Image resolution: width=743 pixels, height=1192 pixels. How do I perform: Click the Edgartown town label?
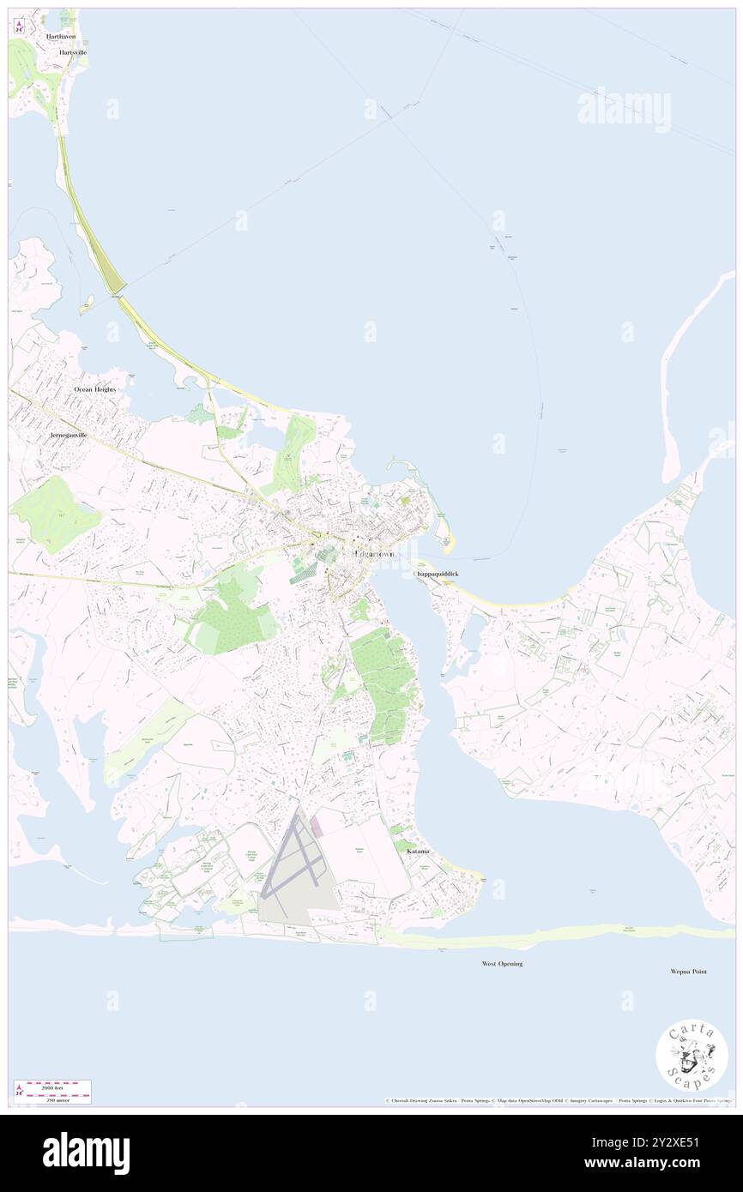375,555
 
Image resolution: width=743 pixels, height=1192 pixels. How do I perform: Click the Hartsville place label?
73,52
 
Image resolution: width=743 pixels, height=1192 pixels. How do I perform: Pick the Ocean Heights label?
94,389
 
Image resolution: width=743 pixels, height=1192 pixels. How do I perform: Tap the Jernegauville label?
69,436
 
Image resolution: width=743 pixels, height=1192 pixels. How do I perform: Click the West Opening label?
502,964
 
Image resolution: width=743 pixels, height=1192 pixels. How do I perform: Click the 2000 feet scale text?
58,1086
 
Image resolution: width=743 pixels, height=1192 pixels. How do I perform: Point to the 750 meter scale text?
58,1099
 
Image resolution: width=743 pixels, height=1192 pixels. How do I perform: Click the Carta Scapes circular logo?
692,1057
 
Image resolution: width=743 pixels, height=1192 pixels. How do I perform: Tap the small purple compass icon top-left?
19,27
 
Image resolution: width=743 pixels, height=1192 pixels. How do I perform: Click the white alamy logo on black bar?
86,1153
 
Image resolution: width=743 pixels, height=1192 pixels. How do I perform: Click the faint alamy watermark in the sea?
624,109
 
